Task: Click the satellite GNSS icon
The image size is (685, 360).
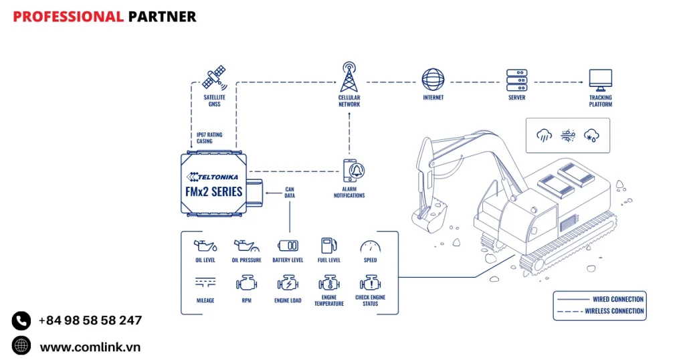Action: (x=215, y=78)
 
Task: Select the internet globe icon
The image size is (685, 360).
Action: (x=433, y=79)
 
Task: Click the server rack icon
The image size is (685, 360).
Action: (x=516, y=79)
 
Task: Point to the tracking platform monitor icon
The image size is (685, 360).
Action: (x=600, y=80)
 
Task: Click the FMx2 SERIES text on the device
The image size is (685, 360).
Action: (x=213, y=191)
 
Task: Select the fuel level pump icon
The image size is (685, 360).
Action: (x=328, y=246)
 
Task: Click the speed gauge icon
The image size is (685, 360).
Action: (x=370, y=246)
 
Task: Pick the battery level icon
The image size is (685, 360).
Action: (x=288, y=246)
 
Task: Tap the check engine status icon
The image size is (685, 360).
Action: (x=370, y=283)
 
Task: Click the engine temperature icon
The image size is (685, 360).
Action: (x=328, y=283)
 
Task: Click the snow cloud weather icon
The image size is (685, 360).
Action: (x=591, y=135)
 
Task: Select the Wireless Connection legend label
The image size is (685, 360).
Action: (x=614, y=310)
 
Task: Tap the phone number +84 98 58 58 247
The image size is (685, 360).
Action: (x=90, y=321)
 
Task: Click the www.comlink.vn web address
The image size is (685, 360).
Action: (x=90, y=347)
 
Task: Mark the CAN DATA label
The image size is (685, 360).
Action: (x=290, y=193)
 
